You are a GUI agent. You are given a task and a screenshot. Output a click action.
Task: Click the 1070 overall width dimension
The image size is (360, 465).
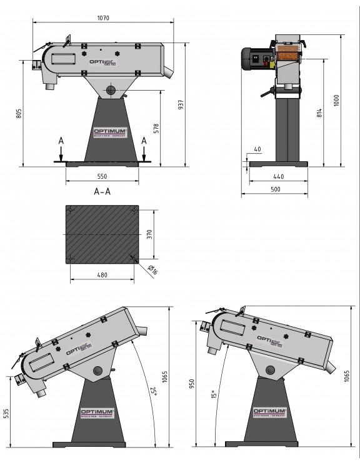(x=104, y=18)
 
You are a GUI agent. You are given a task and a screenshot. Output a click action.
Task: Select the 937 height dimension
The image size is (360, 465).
(x=181, y=105)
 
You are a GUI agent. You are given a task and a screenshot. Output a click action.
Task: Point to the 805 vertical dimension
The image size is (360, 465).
(x=19, y=113)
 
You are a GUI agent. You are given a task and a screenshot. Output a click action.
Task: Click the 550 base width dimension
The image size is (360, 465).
(x=102, y=177)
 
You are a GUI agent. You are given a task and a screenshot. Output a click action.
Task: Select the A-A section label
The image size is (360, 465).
(x=102, y=191)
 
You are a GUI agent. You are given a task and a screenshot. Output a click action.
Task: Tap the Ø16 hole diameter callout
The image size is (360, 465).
(x=152, y=269)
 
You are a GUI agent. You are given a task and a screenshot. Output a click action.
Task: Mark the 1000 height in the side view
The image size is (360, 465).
(x=336, y=101)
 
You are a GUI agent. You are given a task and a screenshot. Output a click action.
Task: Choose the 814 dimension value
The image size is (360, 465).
(x=319, y=112)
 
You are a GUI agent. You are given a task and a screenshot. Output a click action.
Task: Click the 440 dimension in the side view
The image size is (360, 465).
(x=278, y=177)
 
